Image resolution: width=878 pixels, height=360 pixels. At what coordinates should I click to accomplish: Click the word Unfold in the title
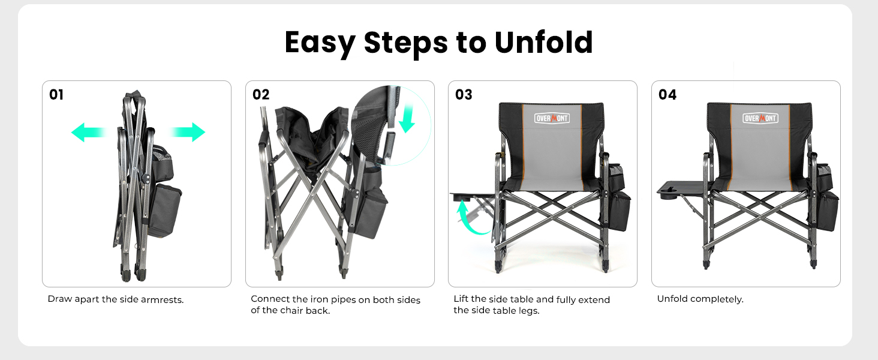pos(543,43)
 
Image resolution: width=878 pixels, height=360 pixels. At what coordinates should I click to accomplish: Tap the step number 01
pos(56,95)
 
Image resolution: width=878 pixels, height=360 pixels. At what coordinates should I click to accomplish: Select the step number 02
pos(261,95)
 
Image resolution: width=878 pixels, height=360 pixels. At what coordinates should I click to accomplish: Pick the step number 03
pos(464,95)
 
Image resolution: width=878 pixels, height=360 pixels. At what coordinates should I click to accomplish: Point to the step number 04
pos(667,95)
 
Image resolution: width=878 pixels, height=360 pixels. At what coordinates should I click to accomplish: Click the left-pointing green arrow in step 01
pos(88,132)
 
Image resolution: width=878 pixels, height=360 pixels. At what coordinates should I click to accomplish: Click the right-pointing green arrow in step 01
pos(187,132)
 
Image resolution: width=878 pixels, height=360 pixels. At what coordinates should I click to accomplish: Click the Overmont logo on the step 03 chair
pos(552,118)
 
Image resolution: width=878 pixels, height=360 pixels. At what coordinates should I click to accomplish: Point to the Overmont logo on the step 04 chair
pos(760,118)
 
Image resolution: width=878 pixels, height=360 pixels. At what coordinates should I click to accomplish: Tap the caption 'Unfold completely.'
pos(700,299)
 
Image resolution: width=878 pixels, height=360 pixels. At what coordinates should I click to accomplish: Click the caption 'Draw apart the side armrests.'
pos(116,299)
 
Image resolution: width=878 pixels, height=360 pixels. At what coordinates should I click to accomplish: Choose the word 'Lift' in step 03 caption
pos(461,299)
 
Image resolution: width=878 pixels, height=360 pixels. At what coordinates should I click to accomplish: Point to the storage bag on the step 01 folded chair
pos(165,210)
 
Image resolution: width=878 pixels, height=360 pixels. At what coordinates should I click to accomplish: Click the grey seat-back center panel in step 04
pos(760,150)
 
